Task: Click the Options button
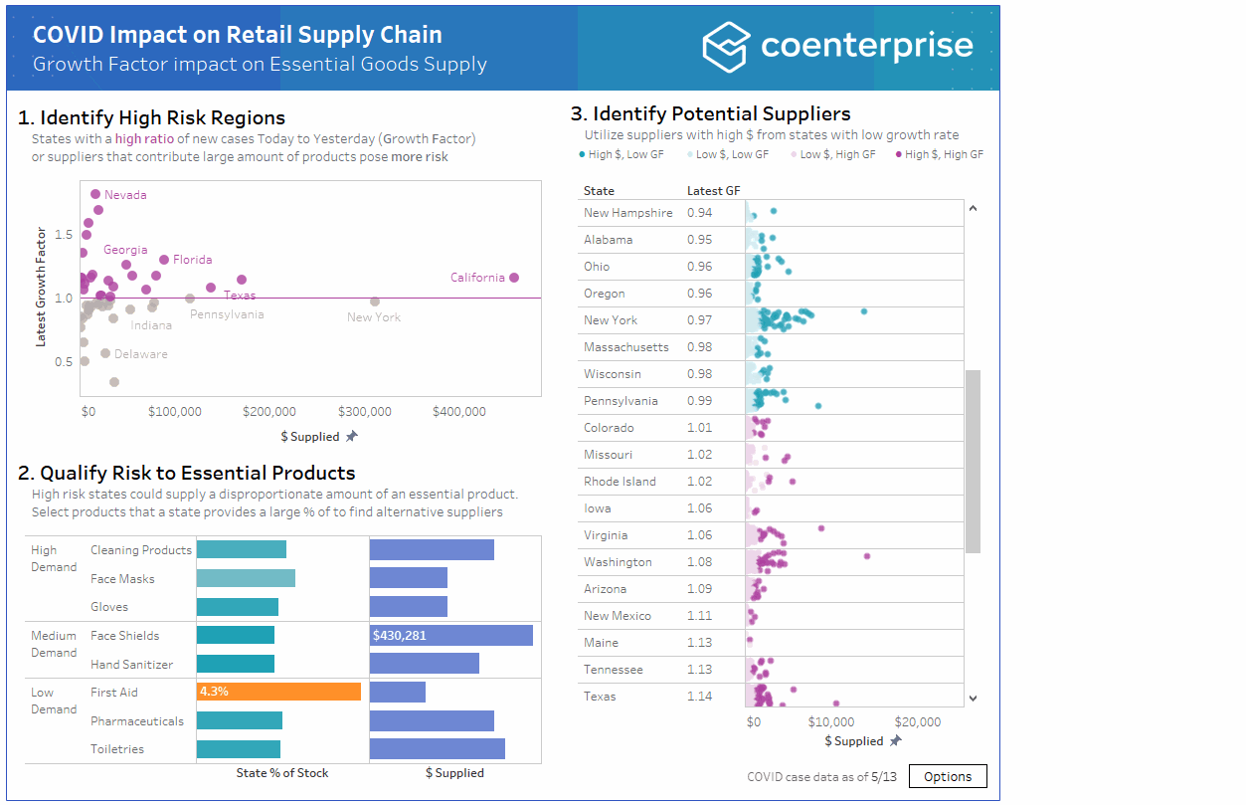coord(948,776)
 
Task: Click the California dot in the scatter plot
coord(514,278)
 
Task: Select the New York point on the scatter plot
coord(375,302)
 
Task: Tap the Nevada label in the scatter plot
coord(125,195)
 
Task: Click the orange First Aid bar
coord(278,692)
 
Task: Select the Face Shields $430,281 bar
coord(451,635)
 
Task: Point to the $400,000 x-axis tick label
coord(458,411)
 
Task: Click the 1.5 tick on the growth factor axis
coord(64,235)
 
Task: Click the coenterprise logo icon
coord(725,47)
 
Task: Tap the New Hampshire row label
coord(627,213)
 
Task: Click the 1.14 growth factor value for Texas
coord(699,697)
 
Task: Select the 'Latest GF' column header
coord(713,191)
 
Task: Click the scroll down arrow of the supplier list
coord(973,699)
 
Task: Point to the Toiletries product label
coord(117,749)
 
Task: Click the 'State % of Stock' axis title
coord(282,773)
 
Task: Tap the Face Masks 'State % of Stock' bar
coord(246,578)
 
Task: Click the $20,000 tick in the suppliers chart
coord(917,722)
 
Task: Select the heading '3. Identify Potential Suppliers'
coord(710,113)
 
